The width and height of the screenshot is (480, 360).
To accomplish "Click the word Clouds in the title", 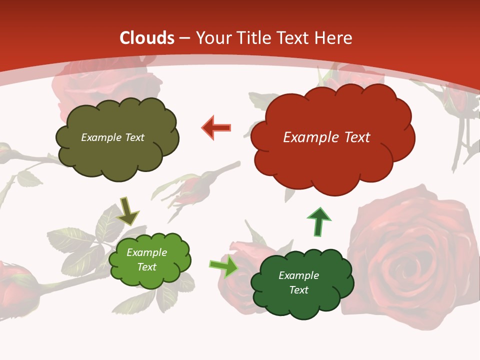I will click(x=147, y=38).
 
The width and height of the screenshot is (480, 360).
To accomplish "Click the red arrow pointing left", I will click(x=216, y=128).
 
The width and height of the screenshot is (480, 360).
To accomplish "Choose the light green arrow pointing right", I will click(x=223, y=266).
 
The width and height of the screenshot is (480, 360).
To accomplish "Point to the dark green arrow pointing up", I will click(x=318, y=221).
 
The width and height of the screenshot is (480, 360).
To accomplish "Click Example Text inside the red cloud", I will click(x=326, y=137).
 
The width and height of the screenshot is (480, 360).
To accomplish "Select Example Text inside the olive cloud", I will click(x=112, y=137).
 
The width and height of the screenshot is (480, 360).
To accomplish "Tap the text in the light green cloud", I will click(x=147, y=259).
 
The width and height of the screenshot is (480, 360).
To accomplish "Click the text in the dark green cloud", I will click(x=298, y=282).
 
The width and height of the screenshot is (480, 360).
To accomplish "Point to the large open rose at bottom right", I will click(x=415, y=250).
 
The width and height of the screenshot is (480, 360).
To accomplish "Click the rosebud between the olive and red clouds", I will click(x=190, y=190).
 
